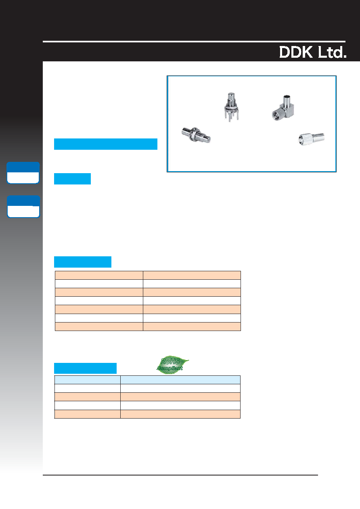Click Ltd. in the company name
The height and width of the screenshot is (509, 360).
332,52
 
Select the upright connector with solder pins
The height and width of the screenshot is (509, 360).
231,107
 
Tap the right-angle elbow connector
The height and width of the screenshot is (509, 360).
283,108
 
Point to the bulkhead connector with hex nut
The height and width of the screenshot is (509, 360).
196,135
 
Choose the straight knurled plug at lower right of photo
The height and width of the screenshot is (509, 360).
312,138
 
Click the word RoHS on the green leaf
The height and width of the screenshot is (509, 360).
170,361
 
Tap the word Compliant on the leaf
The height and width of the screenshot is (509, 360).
170,368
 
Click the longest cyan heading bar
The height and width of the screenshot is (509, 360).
106,144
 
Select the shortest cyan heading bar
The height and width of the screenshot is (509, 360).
73,179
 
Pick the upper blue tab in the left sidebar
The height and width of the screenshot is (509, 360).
23,173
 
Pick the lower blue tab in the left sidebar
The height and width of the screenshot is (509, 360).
23,207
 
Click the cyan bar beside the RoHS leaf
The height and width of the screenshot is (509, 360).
86,368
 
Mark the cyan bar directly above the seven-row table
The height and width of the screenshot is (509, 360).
83,262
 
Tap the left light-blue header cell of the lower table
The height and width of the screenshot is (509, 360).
88,380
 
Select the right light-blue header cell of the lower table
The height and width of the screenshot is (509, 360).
180,380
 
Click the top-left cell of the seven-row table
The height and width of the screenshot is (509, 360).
99,275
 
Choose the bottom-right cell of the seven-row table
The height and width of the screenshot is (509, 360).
192,327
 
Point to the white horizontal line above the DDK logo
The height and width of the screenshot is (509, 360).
194,42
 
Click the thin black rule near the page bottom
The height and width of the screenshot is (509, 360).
180,475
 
